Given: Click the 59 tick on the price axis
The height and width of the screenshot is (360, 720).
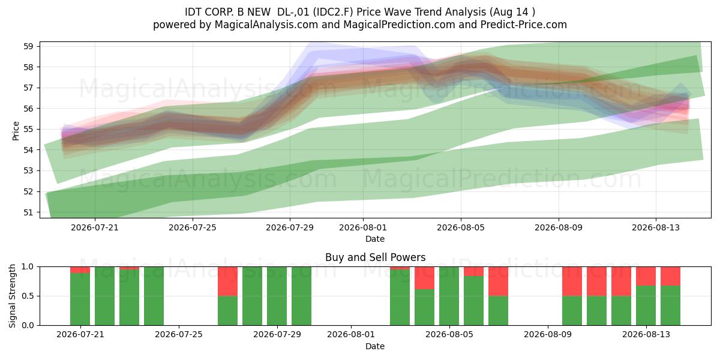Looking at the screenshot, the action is [28, 46].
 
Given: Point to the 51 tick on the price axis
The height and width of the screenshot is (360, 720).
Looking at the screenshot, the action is [28, 212].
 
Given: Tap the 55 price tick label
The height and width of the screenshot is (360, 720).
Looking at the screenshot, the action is [28, 129].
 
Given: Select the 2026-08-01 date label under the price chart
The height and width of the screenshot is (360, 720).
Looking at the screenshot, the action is [363, 227].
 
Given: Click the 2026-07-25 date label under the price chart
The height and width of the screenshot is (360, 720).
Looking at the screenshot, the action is [193, 227].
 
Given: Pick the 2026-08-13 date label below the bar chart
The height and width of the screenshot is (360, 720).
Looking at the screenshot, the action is [646, 335].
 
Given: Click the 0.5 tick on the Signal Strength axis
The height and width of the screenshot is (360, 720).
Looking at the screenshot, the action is [28, 296].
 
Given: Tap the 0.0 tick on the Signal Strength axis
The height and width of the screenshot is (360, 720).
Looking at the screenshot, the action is [28, 325].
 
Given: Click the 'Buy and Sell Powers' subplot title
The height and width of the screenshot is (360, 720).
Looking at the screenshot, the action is [375, 257].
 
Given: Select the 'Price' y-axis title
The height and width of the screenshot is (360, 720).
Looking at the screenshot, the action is [16, 131].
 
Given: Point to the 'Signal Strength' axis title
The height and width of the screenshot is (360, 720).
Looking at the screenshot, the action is [12, 296].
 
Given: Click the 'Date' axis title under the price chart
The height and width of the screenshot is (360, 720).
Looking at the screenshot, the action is [375, 239].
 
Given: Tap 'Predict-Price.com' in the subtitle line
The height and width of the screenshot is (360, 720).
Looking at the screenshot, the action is [524, 25].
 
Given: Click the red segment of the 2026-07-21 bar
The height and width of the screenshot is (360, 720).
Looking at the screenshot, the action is [80, 270].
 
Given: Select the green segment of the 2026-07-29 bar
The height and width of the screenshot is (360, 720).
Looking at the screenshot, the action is [277, 296].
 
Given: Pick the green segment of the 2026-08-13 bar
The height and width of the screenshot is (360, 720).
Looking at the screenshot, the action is [646, 305].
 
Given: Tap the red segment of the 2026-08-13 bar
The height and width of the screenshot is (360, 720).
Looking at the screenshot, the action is [646, 276].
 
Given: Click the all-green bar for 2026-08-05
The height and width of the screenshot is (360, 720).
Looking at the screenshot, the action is [449, 296].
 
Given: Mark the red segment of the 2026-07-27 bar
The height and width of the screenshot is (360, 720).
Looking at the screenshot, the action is [227, 281].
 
